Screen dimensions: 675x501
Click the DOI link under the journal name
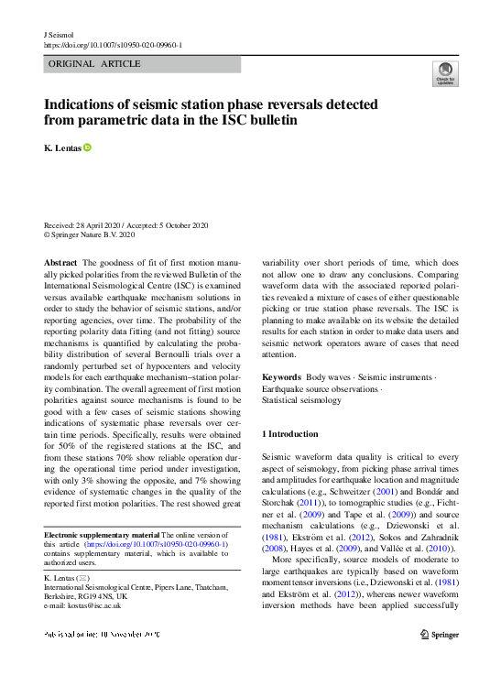113,44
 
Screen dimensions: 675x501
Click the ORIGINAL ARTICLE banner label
94,64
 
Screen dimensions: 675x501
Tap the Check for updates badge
445,72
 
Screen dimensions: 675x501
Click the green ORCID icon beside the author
88,147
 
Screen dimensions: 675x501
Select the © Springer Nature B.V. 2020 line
90,235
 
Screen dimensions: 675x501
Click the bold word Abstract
60,262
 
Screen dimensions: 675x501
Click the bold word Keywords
281,377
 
